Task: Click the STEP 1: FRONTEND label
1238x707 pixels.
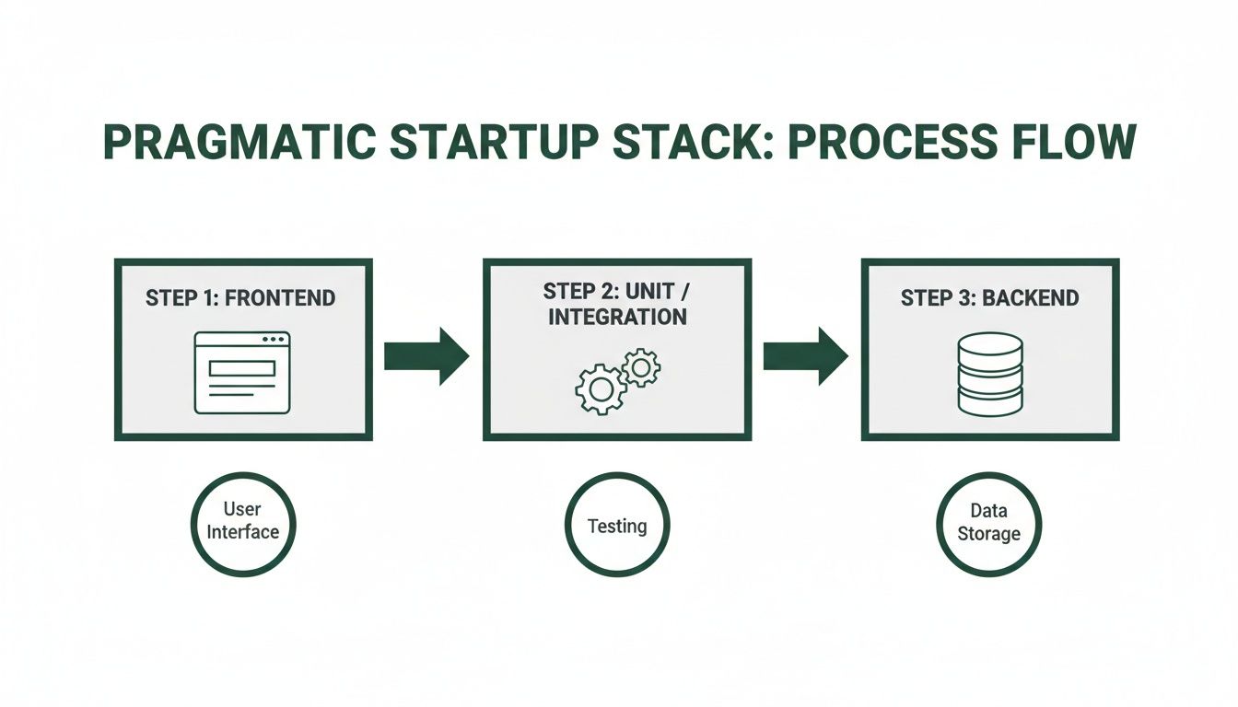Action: (240, 298)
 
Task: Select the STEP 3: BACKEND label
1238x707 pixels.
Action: (989, 298)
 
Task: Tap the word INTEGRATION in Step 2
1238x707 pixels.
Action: (617, 318)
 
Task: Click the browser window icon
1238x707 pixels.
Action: (242, 373)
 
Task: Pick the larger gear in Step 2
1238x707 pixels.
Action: (601, 389)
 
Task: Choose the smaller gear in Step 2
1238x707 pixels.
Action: (641, 367)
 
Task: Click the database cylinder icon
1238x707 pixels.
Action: (989, 374)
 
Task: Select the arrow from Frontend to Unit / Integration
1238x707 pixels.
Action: (426, 355)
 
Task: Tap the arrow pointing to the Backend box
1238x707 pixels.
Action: (805, 355)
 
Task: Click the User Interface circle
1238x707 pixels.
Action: (242, 524)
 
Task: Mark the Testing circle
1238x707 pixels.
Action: (616, 526)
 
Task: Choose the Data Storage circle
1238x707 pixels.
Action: (987, 524)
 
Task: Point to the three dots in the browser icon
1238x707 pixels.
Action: (274, 340)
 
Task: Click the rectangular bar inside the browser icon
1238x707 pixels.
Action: (242, 367)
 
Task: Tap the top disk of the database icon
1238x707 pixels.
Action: (989, 345)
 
